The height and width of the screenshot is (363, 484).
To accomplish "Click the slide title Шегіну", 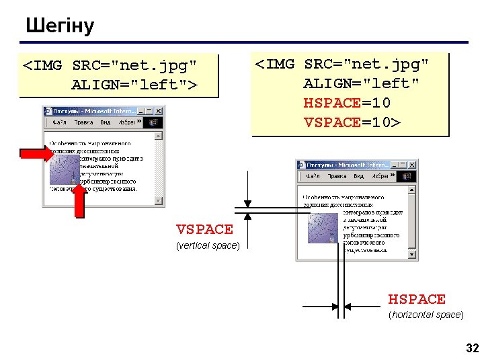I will (60, 26).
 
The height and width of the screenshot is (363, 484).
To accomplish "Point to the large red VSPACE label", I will (204, 230).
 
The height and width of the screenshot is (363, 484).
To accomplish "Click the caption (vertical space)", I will (207, 245).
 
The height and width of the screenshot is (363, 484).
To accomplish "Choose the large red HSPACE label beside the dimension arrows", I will (417, 299).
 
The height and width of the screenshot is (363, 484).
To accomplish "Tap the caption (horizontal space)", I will (426, 315).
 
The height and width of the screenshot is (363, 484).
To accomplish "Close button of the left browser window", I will (159, 111).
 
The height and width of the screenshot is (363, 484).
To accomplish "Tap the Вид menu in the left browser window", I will (106, 123).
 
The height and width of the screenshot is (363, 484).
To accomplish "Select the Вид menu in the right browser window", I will (359, 176).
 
